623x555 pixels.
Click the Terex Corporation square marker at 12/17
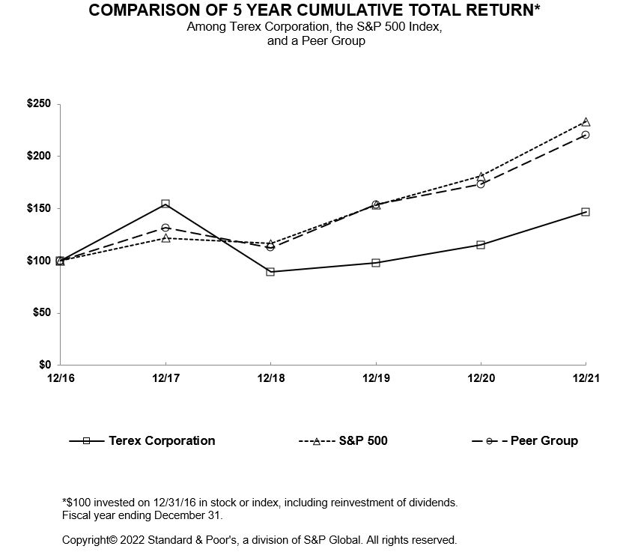[165, 204]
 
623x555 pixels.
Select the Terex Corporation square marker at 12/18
[270, 271]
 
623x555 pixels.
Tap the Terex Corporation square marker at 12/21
[586, 212]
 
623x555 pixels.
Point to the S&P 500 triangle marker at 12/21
[586, 121]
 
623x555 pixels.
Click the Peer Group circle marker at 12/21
[586, 135]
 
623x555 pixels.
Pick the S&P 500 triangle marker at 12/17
[165, 237]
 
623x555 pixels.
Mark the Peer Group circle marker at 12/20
[481, 184]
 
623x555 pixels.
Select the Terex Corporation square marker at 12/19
[376, 262]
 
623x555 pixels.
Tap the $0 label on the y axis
[46, 365]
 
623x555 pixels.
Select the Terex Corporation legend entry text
[162, 440]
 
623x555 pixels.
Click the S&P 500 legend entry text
[363, 440]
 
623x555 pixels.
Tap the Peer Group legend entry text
[544, 440]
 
